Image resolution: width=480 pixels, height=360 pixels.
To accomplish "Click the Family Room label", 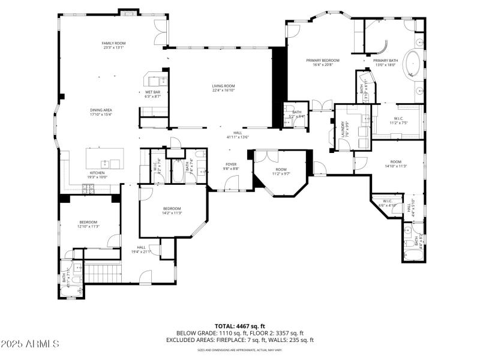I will tap(113, 46).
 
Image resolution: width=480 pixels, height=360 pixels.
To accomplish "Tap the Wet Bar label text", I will tap(152, 94).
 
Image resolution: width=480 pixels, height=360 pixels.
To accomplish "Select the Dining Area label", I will tap(101, 112).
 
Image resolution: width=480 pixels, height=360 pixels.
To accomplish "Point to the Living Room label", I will tap(223, 88).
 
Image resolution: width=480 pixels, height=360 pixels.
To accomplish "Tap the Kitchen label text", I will tap(97, 175).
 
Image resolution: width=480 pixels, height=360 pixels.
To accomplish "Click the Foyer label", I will tap(231, 166).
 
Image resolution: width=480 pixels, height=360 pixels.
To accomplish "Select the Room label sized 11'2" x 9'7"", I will tap(281, 172).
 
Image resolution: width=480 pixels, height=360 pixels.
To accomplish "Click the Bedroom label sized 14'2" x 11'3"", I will tap(172, 211).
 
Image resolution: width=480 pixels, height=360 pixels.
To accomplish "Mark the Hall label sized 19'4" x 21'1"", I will tap(141, 250).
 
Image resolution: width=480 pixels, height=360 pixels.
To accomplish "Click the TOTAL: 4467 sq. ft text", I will tap(239, 326).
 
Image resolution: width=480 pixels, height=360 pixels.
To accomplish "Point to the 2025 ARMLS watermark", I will tap(30, 344).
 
